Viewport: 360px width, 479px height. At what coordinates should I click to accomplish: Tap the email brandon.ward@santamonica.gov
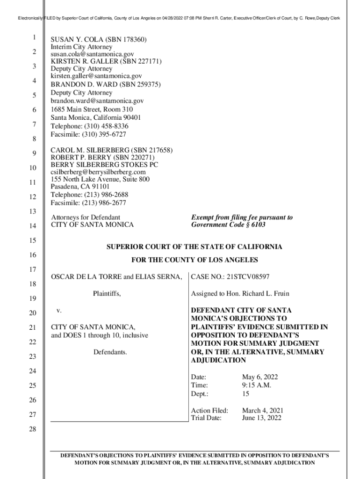point(97,101)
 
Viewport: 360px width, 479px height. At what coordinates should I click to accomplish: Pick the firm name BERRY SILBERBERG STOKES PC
point(104,165)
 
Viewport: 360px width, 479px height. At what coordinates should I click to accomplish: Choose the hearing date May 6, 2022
point(260,377)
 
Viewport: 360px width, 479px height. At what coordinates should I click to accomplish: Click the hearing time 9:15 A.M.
point(256,385)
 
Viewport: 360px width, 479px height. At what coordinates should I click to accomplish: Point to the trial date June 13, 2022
point(261,418)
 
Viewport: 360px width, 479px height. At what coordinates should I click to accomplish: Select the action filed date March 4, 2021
point(262,411)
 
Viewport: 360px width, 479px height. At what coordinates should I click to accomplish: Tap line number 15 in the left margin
point(32,240)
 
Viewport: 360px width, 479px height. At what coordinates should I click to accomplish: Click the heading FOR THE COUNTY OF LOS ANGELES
point(194,260)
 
